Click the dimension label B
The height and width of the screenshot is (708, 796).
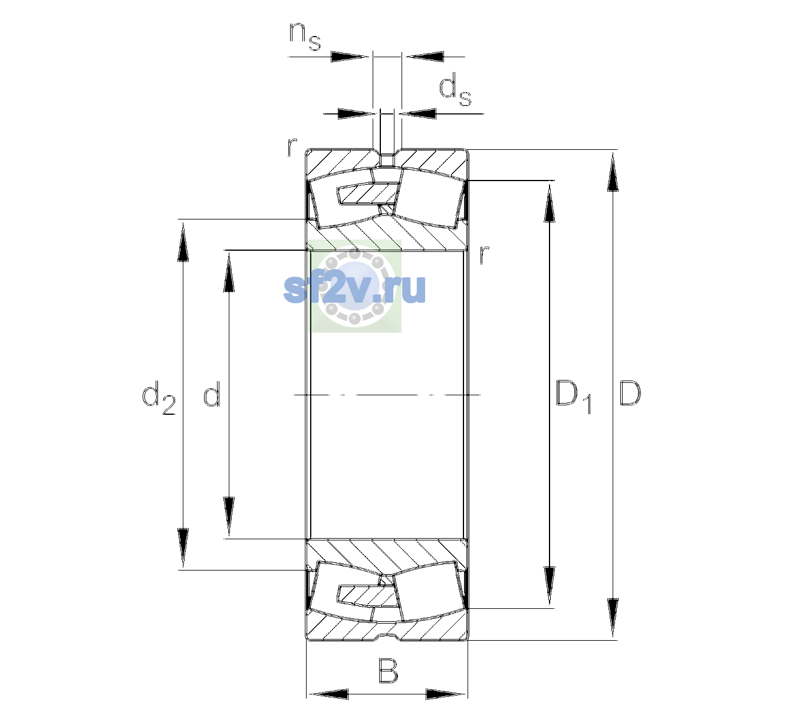[387, 670]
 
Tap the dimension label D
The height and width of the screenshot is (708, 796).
[630, 393]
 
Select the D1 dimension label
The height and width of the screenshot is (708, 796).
[573, 396]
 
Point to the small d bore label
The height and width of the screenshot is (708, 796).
[212, 393]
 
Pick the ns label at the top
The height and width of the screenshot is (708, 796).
[305, 37]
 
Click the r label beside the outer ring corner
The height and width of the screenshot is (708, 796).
[292, 147]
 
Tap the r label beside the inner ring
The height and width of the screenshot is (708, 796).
[484, 254]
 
